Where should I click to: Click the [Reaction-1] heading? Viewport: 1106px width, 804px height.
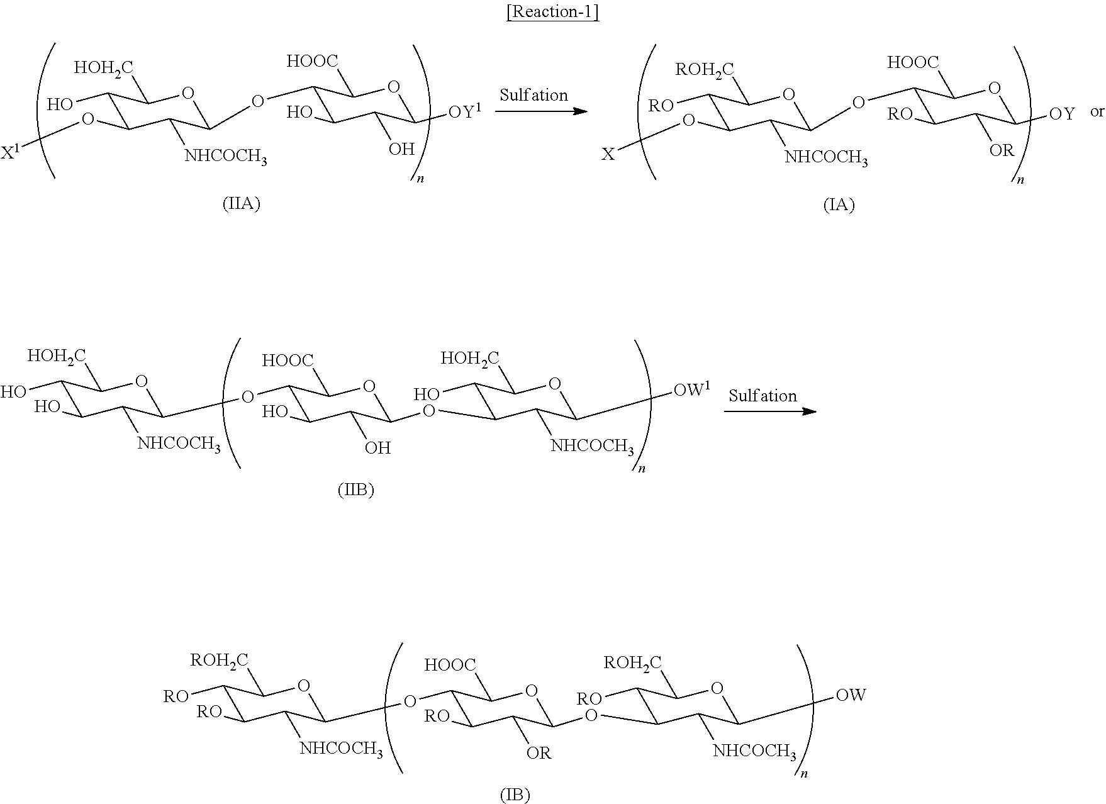pos(552,13)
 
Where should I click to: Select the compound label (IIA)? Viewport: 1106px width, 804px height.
pos(242,204)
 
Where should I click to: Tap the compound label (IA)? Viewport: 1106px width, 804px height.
pos(839,205)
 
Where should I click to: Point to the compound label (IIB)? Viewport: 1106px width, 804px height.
pos(356,491)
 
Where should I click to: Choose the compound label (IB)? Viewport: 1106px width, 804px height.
pos(515,795)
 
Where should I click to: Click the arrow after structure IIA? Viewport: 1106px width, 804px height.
pos(541,111)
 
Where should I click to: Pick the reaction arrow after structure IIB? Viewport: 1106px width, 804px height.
pos(770,411)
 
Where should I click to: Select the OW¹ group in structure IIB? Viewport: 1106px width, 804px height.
pos(692,391)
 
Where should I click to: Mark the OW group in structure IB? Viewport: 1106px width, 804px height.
pos(851,695)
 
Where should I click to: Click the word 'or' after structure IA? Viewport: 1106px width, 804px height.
pos(1097,112)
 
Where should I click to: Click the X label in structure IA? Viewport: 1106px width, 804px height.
pos(608,154)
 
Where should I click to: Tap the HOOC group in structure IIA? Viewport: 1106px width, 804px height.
pos(312,61)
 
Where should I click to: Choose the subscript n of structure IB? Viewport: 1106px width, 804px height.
pos(803,774)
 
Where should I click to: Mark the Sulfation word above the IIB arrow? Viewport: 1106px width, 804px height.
pos(762,396)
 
